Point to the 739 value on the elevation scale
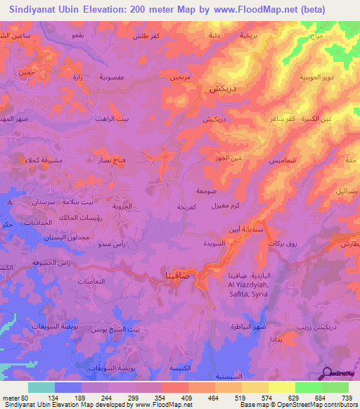[346, 396]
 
